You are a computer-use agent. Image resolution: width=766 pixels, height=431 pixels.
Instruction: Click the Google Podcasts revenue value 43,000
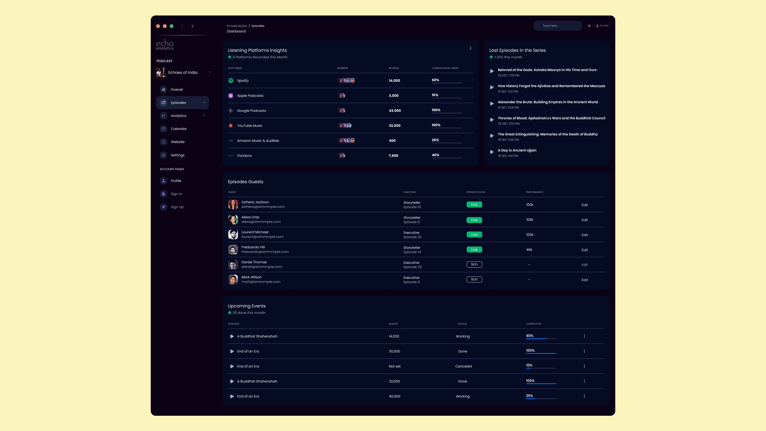[x=395, y=111]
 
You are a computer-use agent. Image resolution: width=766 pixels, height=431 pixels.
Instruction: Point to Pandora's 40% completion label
[x=435, y=155]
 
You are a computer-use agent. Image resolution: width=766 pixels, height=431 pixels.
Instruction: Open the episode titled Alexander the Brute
[x=547, y=102]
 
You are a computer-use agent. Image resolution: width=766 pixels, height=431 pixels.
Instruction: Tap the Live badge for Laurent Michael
[x=474, y=235]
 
